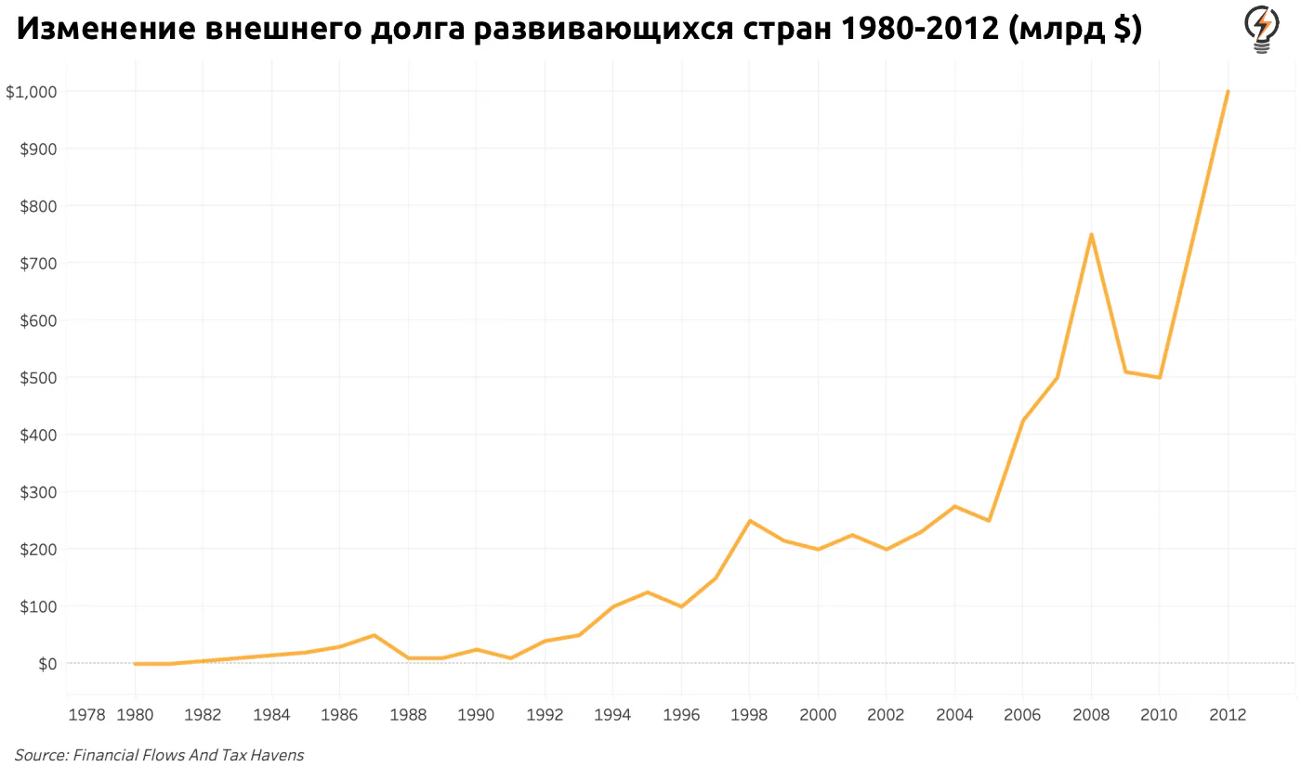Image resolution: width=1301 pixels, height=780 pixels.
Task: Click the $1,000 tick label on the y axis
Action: (x=32, y=92)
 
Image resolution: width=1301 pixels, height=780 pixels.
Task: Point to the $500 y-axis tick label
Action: (x=38, y=378)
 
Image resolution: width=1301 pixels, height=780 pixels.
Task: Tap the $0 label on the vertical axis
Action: (x=47, y=663)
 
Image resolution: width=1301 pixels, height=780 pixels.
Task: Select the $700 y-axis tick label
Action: (x=38, y=264)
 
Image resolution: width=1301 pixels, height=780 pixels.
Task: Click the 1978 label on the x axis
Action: (x=86, y=714)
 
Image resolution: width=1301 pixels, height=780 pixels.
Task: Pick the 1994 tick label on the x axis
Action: (x=612, y=714)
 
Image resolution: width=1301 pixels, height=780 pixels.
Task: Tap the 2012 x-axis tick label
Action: (x=1228, y=714)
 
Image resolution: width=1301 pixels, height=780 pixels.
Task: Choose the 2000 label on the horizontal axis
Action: (x=818, y=714)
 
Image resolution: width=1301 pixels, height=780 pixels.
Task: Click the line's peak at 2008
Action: (x=1091, y=234)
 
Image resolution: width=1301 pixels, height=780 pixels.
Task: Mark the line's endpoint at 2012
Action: (x=1228, y=91)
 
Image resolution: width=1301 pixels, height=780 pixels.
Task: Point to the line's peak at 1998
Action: (x=749, y=521)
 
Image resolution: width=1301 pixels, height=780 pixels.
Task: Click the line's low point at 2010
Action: (x=1160, y=378)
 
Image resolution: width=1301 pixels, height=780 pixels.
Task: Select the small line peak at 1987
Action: (x=374, y=635)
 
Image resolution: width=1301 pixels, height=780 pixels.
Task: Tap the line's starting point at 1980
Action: (x=135, y=663)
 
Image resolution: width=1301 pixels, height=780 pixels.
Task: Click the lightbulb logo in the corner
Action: (x=1262, y=29)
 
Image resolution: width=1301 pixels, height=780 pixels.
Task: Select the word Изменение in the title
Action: (x=106, y=29)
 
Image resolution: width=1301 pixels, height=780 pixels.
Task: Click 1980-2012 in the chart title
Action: (x=919, y=29)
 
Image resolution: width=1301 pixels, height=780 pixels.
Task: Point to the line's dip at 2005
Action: (x=989, y=521)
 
